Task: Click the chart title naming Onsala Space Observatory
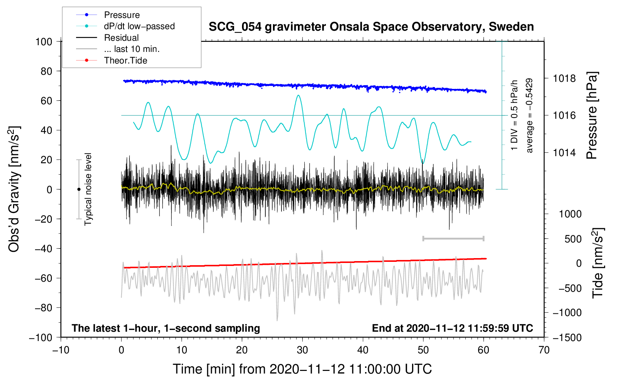[371, 27]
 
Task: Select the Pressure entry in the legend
[122, 15]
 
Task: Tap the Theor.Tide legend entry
[125, 61]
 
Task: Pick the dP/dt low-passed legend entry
[139, 26]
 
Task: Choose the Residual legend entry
[121, 38]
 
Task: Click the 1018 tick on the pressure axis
[564, 78]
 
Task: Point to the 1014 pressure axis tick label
[564, 152]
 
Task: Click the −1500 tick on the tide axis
[567, 337]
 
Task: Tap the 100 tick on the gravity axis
[44, 41]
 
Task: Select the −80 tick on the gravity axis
[44, 308]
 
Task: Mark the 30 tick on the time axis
[302, 350]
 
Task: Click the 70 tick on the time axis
[544, 350]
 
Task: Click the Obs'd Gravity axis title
[14, 189]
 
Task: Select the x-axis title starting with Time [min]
[302, 369]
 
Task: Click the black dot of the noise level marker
[79, 189]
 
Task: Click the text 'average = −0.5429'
[529, 115]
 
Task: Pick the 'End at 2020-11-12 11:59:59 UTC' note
[452, 328]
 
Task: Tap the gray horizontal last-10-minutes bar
[453, 238]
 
